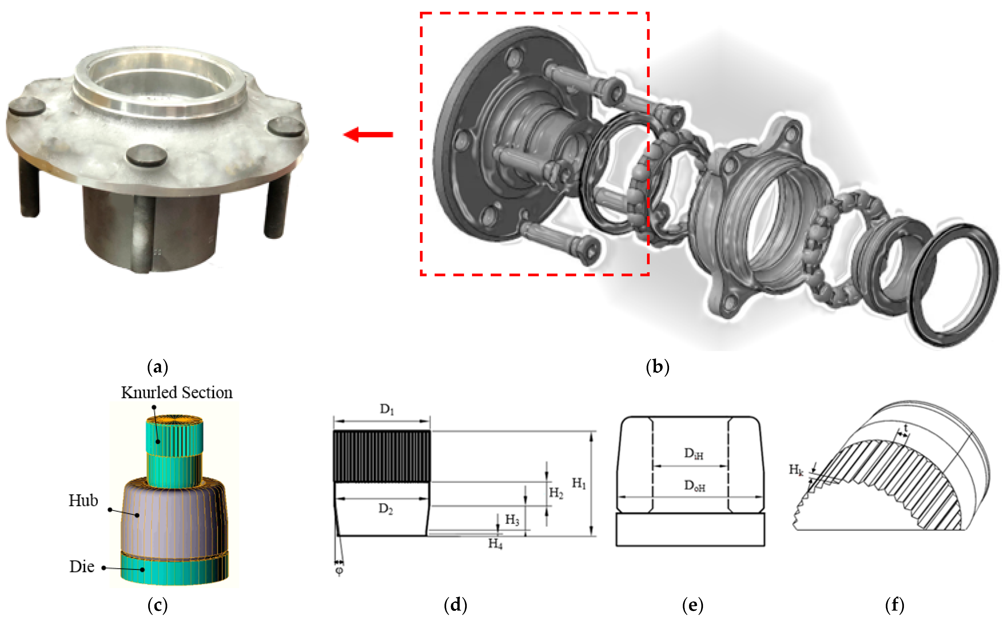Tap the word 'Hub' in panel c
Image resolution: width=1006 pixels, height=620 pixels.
(x=83, y=501)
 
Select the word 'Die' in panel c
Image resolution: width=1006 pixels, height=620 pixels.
(x=82, y=567)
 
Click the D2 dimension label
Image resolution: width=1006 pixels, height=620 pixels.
(x=385, y=509)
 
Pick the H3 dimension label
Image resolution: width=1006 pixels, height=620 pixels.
(x=512, y=520)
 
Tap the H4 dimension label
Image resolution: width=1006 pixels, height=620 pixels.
(x=495, y=544)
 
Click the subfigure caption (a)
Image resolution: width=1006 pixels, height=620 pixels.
(x=157, y=367)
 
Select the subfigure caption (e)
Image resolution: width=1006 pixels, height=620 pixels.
(x=692, y=605)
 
